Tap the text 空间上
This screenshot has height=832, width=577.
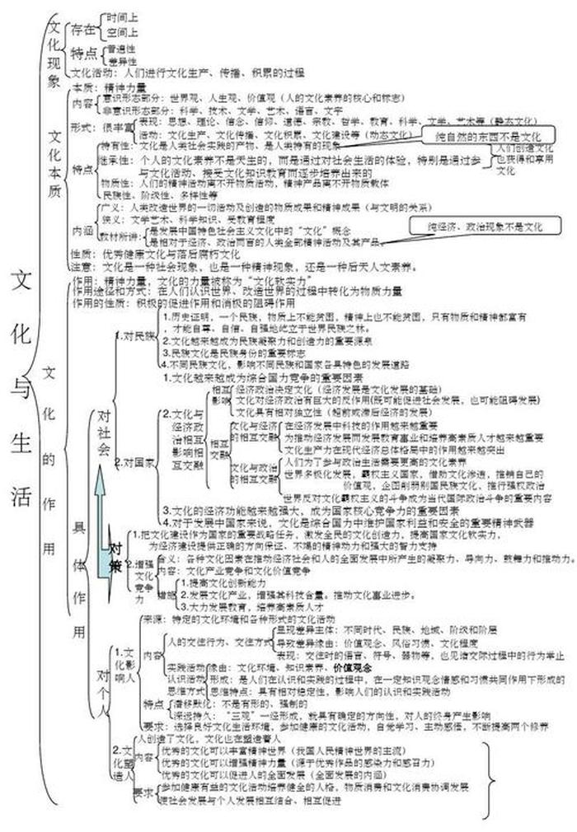121,32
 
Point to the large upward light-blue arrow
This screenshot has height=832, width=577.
101,519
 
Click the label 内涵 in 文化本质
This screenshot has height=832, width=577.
83,231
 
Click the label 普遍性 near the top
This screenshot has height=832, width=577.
121,48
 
